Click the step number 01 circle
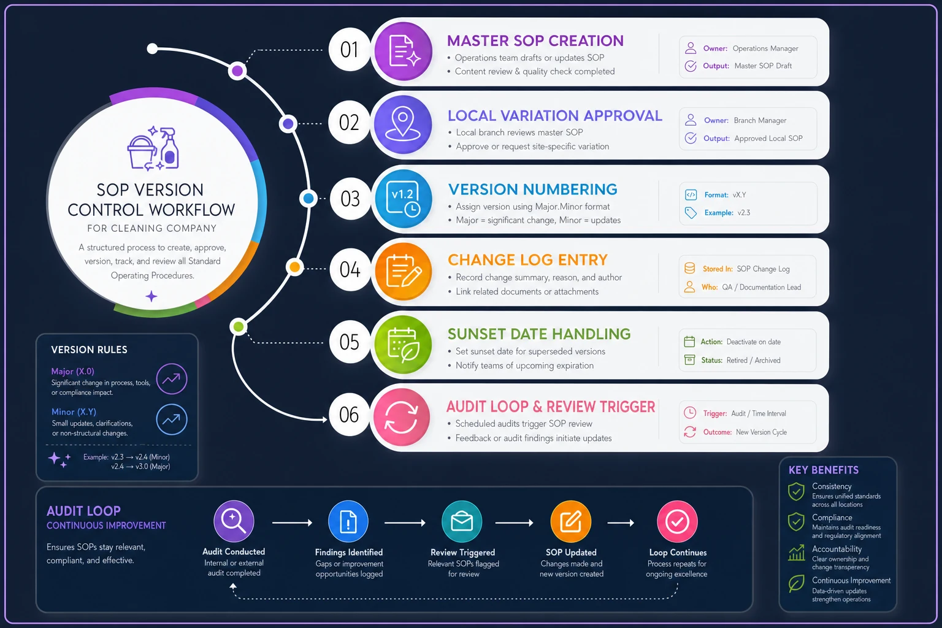(349, 50)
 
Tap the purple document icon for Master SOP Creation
(404, 52)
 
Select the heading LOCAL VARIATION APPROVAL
(554, 116)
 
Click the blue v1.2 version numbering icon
(404, 199)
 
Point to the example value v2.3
(743, 212)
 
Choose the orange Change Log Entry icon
(404, 271)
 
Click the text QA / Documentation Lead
(762, 287)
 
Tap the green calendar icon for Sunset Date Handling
(403, 345)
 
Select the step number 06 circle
(349, 415)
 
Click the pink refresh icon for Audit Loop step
(402, 417)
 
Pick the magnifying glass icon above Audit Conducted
(234, 521)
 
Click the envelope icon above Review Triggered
(462, 521)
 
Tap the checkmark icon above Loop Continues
(677, 521)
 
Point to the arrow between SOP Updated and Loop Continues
(621, 523)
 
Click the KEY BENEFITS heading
(824, 470)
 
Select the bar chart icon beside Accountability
(797, 553)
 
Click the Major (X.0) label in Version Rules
(73, 371)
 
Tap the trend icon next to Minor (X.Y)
(172, 419)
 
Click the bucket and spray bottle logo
(153, 148)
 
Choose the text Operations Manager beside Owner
(765, 48)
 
